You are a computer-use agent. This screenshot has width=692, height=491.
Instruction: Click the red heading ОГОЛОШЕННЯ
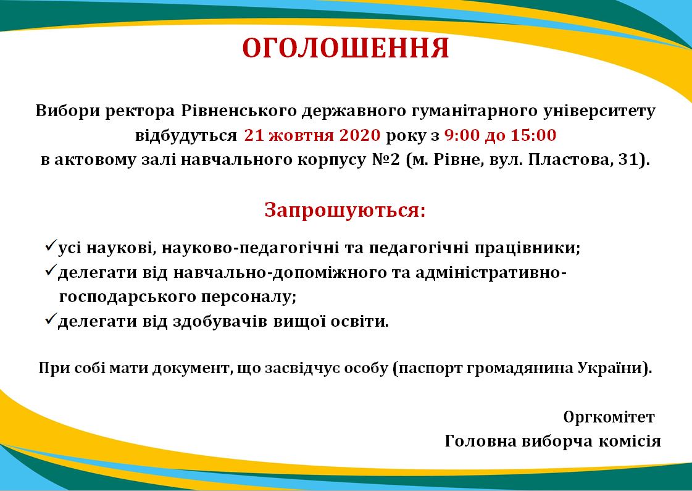346,48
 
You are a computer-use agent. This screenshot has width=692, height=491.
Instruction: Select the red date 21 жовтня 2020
312,135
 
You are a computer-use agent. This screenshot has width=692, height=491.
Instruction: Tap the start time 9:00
462,135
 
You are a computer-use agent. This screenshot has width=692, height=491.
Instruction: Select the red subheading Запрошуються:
345,210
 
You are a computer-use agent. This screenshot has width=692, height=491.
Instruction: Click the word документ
192,368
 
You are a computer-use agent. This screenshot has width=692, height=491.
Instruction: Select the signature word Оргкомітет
609,417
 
